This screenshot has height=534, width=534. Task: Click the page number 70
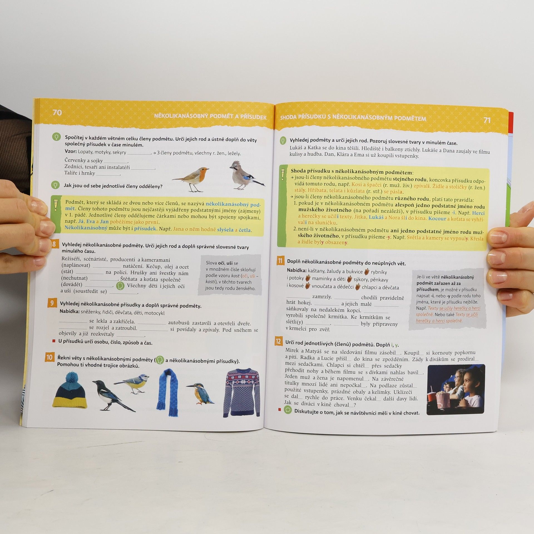[x=57, y=113]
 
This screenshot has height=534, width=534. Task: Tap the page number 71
[x=487, y=120]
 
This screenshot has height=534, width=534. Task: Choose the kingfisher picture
[x=200, y=393]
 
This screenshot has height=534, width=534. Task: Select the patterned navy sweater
[x=241, y=392]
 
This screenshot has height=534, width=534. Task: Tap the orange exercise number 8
[x=54, y=244]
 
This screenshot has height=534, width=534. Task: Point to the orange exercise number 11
[x=280, y=261]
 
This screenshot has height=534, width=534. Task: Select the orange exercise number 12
[x=278, y=341]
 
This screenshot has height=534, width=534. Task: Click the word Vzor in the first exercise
[x=71, y=152]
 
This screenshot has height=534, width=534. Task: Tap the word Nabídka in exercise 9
[x=70, y=311]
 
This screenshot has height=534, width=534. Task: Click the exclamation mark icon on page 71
[x=283, y=174]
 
